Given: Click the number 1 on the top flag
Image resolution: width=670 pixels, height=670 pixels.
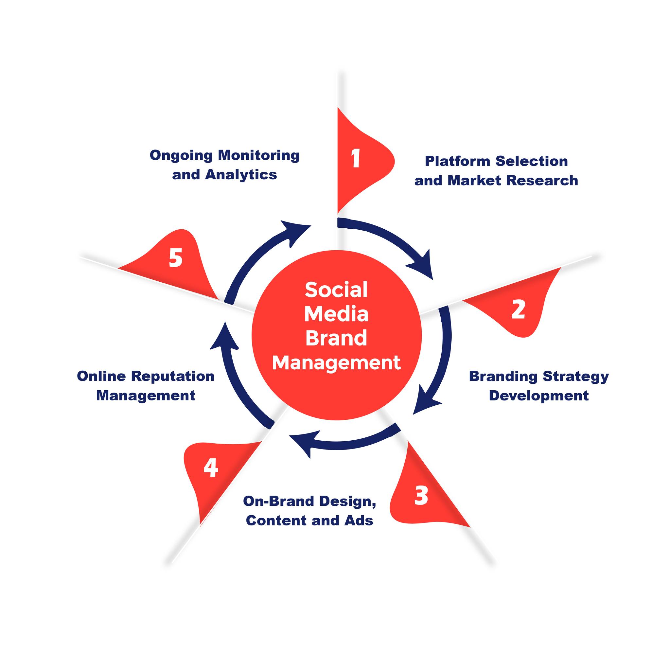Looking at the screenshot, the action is pyautogui.click(x=356, y=158).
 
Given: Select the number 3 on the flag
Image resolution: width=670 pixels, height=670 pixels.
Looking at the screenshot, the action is pyautogui.click(x=421, y=495).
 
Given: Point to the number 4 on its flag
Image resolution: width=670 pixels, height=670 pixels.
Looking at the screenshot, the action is pyautogui.click(x=211, y=468).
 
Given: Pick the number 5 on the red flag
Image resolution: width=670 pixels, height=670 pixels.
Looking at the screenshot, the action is pyautogui.click(x=175, y=258).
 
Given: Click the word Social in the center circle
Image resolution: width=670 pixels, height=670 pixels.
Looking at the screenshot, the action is pyautogui.click(x=336, y=290).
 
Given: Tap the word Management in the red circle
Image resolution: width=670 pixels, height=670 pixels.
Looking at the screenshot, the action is pyautogui.click(x=336, y=363).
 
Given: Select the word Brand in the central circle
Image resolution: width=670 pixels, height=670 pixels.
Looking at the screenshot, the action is pyautogui.click(x=336, y=338).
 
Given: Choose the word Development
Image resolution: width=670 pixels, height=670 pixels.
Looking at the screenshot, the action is pyautogui.click(x=539, y=396).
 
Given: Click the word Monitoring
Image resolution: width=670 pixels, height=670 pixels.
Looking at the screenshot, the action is pyautogui.click(x=259, y=156).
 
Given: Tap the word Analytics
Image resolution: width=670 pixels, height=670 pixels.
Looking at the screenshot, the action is pyautogui.click(x=241, y=175).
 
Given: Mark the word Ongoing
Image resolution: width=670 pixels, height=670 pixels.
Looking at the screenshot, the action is pyautogui.click(x=181, y=156).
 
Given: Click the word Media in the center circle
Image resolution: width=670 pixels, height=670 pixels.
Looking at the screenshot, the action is pyautogui.click(x=336, y=314).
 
